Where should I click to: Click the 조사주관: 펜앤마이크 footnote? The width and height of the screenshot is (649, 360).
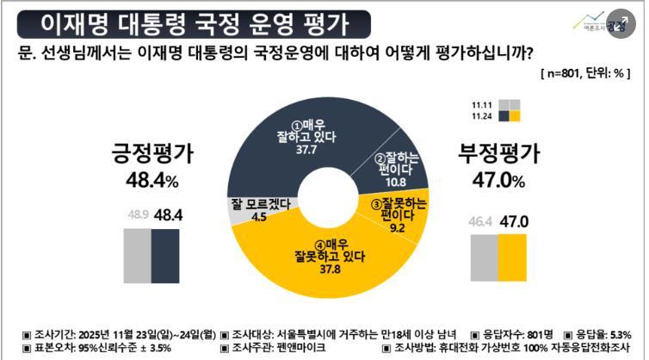[273, 349]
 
